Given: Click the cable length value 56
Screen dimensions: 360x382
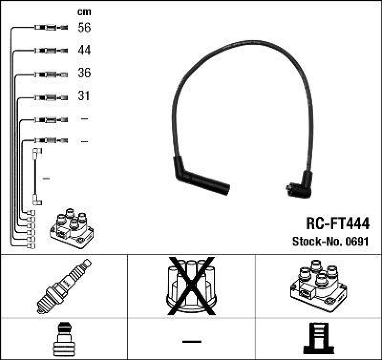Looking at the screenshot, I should point(84,28).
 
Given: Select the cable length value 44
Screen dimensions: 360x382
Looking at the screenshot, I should point(84,50).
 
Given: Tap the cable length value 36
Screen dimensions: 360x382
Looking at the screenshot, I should point(84,73).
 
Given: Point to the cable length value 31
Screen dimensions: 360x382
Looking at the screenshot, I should point(84,96).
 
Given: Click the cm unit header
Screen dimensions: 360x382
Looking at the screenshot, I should point(84,12).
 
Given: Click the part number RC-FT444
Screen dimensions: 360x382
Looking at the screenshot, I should point(337,223).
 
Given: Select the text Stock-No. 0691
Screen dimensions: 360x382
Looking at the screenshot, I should point(330,242).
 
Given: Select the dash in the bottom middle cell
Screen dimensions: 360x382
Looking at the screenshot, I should point(191,341).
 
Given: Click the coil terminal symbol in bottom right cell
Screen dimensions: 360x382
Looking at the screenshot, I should point(318,339).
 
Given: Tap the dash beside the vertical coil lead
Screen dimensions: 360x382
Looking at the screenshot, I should point(46,179).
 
